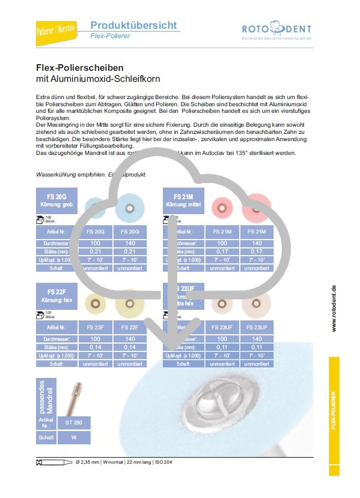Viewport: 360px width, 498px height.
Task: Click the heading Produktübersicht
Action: [133, 25]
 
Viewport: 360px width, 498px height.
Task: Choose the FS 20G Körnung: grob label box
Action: [56, 200]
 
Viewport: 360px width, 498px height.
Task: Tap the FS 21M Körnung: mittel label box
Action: [183, 200]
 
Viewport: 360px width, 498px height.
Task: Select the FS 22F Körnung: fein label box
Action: [56, 295]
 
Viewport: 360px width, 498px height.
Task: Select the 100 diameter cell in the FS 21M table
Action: [222, 243]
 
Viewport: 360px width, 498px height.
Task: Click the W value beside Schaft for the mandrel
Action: [74, 438]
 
